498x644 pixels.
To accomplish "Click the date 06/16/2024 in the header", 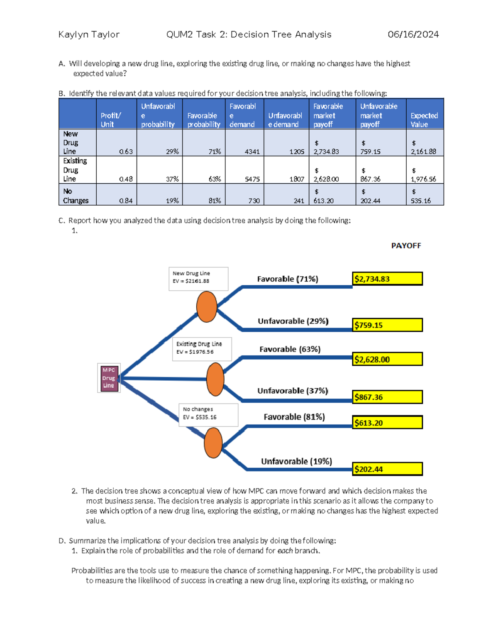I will tap(413, 34).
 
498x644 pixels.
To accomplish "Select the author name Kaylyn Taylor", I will tap(89, 34).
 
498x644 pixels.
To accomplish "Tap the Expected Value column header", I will tap(425, 120).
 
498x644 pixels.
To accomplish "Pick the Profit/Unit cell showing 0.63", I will tap(126, 152).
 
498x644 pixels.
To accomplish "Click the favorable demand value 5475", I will tap(252, 179).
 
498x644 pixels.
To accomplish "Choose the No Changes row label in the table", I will tap(76, 196).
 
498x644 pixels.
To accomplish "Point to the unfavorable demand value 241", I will tap(299, 201).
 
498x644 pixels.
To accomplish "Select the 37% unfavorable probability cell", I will tap(172, 179).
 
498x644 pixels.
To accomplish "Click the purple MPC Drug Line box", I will tap(109, 378).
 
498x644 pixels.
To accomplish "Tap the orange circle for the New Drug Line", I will tap(207, 307).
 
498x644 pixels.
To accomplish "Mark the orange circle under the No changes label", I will tap(213, 443).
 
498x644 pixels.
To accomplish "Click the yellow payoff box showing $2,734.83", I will tap(387, 279).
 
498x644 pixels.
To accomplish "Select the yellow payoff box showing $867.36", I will tap(387, 397).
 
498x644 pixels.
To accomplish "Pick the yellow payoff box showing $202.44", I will tap(387, 469).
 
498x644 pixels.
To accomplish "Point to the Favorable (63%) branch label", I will tap(290, 349).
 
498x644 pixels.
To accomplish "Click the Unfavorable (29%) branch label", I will tap(293, 321).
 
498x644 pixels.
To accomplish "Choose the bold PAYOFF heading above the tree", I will tap(406, 246).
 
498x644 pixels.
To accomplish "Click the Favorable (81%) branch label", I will tap(294, 417).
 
